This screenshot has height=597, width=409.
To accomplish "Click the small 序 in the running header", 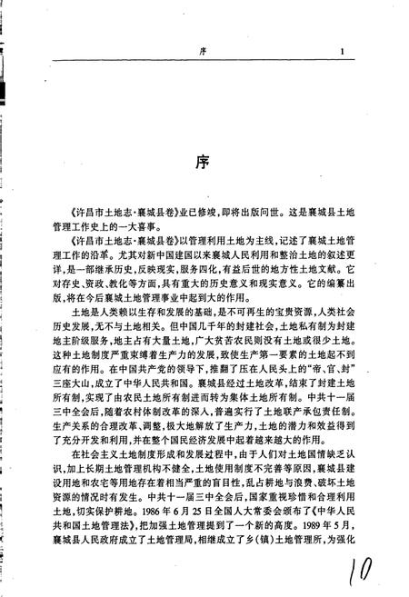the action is click(x=204, y=51).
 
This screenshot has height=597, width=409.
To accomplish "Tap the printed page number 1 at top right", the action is click(x=338, y=51).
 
